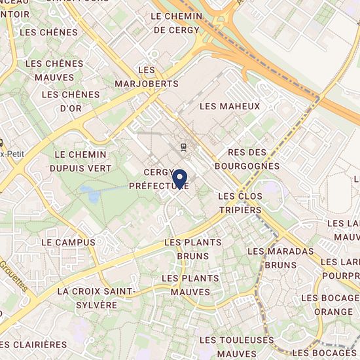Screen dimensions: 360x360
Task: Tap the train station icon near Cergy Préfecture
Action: click(183, 147)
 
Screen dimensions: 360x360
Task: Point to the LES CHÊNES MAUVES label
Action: click(54, 69)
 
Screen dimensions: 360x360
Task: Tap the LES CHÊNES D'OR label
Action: click(71, 101)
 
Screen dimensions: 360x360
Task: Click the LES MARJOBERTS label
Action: click(147, 77)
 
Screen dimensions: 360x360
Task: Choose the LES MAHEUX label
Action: click(230, 106)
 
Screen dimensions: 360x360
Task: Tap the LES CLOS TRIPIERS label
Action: click(240, 203)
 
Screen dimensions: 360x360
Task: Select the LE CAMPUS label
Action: click(68, 242)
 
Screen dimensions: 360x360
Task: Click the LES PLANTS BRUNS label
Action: click(193, 248)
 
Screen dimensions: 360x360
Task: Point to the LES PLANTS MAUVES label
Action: click(190, 285)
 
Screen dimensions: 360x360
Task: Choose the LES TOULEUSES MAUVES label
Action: click(236, 347)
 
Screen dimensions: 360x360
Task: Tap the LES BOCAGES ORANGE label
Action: click(327, 305)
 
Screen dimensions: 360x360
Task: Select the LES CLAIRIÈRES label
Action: click(34, 344)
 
